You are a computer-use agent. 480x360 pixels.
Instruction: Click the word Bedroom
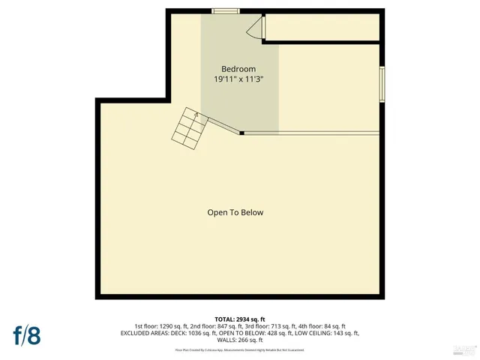tap(239, 69)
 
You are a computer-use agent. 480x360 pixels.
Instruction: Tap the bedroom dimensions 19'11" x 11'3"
tap(239, 78)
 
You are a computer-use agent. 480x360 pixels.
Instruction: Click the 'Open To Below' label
tap(235, 212)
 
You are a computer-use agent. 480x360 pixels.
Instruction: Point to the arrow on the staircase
tap(196, 115)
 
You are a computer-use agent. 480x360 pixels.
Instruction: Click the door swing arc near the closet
tap(255, 29)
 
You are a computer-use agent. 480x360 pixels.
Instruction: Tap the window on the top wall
tap(225, 11)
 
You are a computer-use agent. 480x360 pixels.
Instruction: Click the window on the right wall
tap(382, 84)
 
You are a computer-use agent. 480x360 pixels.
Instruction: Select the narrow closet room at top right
tap(322, 27)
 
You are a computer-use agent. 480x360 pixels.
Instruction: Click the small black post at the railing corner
tap(241, 133)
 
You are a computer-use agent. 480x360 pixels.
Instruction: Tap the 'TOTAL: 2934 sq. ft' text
tap(239, 319)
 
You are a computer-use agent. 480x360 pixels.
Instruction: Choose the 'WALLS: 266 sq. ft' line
tap(239, 340)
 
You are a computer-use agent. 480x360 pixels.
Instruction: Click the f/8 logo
tap(27, 334)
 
